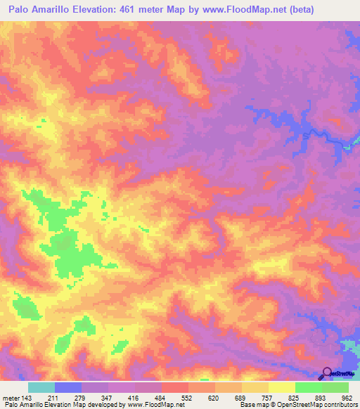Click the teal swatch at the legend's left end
[x=41, y=387]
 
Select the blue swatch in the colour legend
[x=68, y=387]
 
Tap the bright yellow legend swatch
[x=282, y=387]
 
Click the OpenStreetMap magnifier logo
[x=326, y=373]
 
